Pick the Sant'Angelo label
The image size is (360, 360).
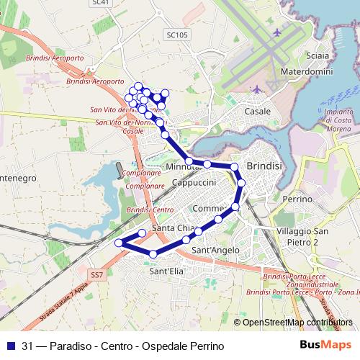click(x=215, y=249)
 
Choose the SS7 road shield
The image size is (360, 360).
click(x=97, y=275)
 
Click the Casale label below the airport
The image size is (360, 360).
click(x=258, y=112)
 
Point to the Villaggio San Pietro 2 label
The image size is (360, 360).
click(x=302, y=236)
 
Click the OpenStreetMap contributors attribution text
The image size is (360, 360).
click(x=298, y=323)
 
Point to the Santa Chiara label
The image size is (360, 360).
click(x=174, y=229)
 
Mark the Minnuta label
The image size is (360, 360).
click(x=181, y=167)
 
